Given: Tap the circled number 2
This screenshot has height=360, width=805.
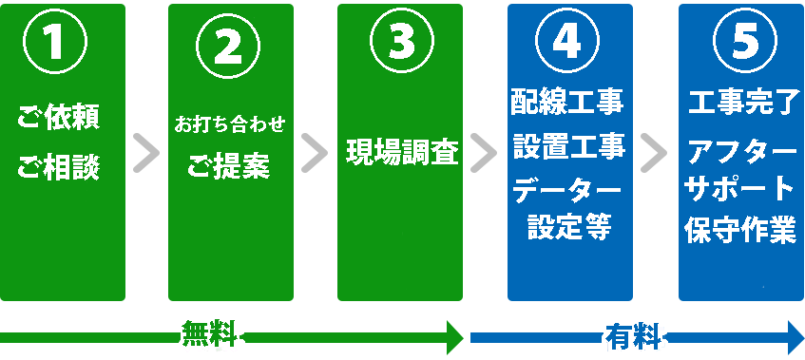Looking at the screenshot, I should click(229, 43).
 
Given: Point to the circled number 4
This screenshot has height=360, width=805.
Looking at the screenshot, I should click(567, 42).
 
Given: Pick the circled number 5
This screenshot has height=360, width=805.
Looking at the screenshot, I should click(738, 42).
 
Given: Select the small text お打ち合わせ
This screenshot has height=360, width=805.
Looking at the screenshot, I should click(229, 124).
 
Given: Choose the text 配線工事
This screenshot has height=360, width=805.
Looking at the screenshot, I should click(567, 98).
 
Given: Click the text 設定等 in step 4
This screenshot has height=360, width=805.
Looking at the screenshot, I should click(568, 227).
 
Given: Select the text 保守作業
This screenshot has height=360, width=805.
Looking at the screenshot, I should click(739, 231).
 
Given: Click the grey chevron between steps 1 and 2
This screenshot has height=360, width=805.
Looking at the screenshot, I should click(145, 153).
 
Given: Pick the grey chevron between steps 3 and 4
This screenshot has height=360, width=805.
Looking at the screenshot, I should click(484, 153).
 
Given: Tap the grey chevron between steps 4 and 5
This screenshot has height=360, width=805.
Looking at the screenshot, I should click(654, 153).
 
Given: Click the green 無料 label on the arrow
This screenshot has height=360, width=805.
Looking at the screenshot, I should click(212, 336).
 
